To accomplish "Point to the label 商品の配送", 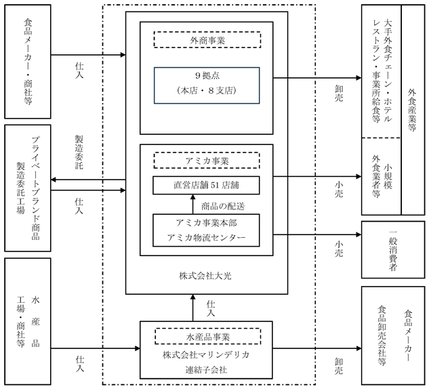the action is point(223,206).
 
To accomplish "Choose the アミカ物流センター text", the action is point(206,237).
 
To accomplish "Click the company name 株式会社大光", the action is point(205,276).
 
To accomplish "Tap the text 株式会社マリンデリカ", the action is point(206,355).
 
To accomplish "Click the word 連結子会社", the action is point(206,370).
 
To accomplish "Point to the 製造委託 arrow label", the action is point(79,152).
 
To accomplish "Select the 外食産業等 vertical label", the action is point(412,109).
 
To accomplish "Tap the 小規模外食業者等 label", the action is point(382,176).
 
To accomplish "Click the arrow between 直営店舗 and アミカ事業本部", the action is point(192,205).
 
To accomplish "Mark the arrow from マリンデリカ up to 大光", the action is point(192,308).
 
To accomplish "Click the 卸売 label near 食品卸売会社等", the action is point(339,366).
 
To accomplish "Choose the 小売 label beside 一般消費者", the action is point(339,249).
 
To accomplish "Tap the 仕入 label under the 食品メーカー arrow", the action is point(79,70).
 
